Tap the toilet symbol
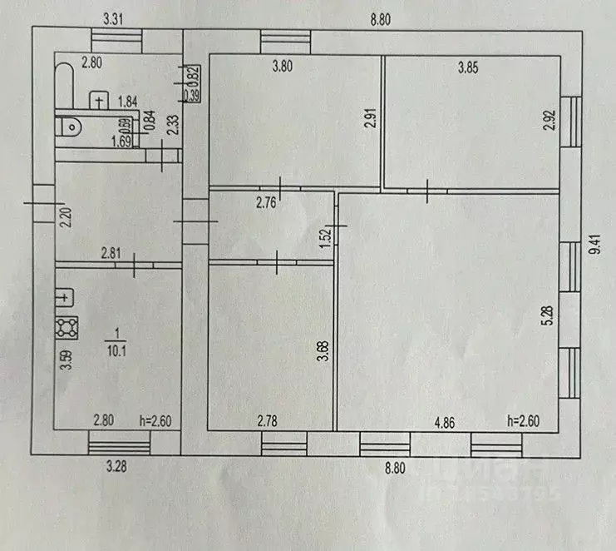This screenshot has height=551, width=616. [70, 129]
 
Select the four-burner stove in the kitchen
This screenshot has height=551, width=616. [67, 327]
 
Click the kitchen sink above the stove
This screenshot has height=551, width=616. [66, 297]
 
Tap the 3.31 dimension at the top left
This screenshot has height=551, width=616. [114, 17]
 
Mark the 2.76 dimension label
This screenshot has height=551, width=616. [242, 202]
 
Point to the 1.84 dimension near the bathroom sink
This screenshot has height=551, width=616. [127, 102]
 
